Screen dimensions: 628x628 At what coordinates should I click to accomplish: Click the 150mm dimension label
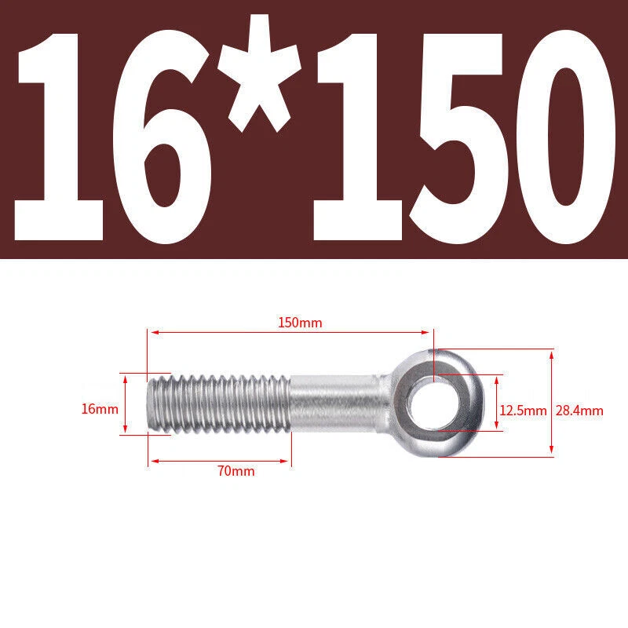click(300, 323)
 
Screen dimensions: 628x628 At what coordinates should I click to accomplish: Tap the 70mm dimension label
click(236, 470)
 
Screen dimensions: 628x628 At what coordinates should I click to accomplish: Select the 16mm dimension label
click(100, 409)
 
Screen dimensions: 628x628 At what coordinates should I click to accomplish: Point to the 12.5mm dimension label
click(523, 411)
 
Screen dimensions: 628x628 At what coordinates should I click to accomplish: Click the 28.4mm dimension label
click(579, 411)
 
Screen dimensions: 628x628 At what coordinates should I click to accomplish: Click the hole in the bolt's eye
click(434, 403)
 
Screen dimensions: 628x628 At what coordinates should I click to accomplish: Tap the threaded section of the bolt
click(218, 403)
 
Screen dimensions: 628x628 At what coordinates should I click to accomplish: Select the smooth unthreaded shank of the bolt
click(334, 403)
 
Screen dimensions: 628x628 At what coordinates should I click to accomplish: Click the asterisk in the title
click(260, 73)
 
